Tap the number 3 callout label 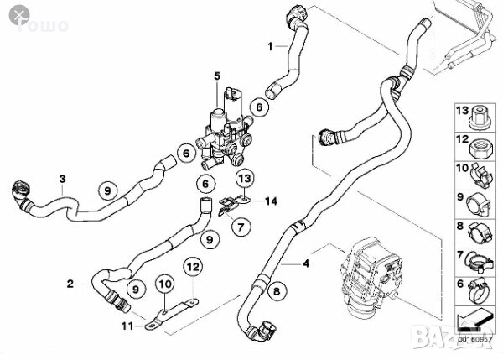pyautogui.click(x=61, y=178)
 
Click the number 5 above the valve pyautogui.click(x=216, y=77)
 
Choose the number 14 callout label pyautogui.click(x=270, y=201)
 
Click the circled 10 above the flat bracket pyautogui.click(x=163, y=288)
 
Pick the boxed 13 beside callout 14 pyautogui.click(x=243, y=178)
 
